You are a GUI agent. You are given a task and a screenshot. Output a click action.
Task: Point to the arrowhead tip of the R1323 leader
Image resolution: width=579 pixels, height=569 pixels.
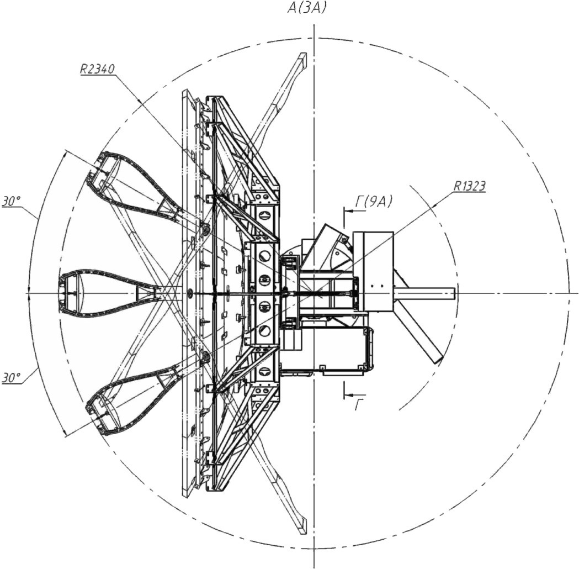(431, 208)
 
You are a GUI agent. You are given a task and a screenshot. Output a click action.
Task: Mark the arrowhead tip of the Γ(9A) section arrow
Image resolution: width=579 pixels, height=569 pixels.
(344, 211)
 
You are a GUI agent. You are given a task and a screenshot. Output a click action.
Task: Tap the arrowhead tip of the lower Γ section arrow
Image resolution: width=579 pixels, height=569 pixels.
(344, 395)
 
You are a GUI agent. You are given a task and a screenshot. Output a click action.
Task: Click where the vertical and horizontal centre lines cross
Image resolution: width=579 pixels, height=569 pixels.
(314, 294)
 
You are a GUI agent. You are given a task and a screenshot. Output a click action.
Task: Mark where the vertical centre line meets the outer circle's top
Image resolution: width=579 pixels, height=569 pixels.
(314, 38)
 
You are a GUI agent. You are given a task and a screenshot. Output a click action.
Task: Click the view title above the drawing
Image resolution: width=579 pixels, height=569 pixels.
(307, 8)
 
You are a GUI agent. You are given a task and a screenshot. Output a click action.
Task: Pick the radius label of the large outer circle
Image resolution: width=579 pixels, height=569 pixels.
(97, 69)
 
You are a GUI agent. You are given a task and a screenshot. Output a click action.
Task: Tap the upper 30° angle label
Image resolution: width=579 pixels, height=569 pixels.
(12, 202)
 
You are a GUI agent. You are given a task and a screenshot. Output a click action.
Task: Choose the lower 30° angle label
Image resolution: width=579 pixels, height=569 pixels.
(12, 378)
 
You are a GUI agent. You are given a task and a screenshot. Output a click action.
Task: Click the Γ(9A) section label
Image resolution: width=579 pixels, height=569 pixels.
(374, 202)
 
